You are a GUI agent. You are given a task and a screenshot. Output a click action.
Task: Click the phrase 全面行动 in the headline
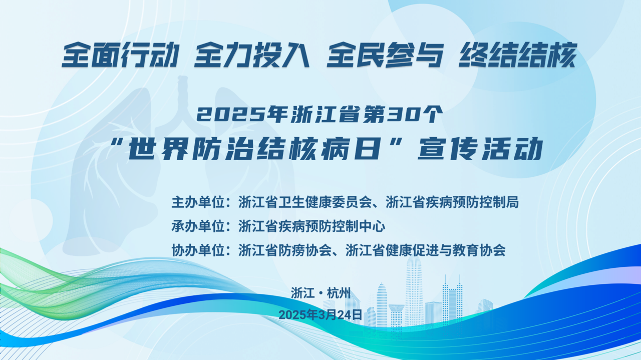(121, 55)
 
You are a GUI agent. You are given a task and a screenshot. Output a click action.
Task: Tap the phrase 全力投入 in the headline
(252, 55)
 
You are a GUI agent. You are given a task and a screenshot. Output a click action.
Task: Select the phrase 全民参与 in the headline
(385, 55)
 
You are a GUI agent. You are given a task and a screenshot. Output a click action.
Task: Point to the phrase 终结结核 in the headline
(518, 55)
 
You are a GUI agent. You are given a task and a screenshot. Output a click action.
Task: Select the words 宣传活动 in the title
(480, 149)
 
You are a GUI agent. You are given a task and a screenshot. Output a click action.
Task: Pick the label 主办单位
(198, 202)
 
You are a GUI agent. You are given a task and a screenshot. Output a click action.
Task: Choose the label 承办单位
(198, 226)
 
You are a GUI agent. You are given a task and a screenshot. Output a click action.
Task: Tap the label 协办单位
(198, 250)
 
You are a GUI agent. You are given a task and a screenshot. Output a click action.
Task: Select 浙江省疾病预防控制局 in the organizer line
(452, 202)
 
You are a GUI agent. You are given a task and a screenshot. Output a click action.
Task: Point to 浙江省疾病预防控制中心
(311, 226)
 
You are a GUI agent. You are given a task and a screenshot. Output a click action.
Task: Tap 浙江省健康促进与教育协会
(425, 250)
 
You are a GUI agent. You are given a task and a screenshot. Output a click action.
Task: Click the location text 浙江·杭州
(321, 293)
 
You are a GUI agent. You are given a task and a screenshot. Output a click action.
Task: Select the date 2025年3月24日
(320, 315)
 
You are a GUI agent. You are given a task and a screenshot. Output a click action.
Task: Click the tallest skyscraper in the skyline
(414, 290)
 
